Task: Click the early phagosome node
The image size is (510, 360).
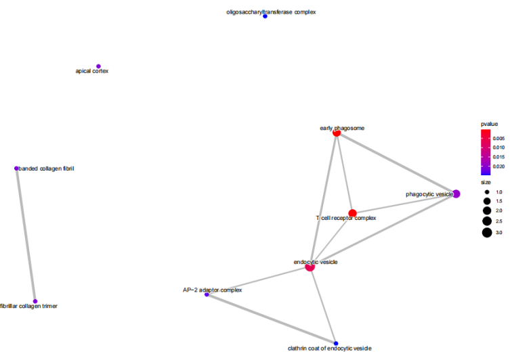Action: [x=337, y=133]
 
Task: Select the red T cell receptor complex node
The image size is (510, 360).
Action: [x=352, y=213]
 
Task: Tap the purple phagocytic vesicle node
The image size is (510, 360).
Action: [x=456, y=194]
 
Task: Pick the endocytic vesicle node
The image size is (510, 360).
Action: [x=310, y=267]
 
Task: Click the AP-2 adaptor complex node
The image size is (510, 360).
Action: [x=207, y=294]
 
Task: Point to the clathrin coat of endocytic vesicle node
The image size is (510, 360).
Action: [x=335, y=342]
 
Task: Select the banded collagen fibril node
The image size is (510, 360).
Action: [x=16, y=168]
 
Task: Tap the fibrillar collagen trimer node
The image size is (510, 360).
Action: [x=35, y=301]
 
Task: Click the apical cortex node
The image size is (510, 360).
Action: [x=99, y=66]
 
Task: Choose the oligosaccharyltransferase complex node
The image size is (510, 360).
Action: [x=265, y=16]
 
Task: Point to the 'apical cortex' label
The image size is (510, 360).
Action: [x=92, y=71]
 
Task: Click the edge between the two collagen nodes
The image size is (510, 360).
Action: [x=26, y=235]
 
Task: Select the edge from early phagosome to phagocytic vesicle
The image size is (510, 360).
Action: [x=396, y=163]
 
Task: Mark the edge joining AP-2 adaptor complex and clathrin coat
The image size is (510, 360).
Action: [x=271, y=318]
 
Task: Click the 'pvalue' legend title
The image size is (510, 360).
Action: [x=490, y=124]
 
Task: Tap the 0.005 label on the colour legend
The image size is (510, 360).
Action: [x=498, y=138]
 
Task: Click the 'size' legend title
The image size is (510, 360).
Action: [x=486, y=182]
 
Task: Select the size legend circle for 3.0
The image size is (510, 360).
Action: [x=487, y=233]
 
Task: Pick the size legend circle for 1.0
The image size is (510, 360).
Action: [x=487, y=192]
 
